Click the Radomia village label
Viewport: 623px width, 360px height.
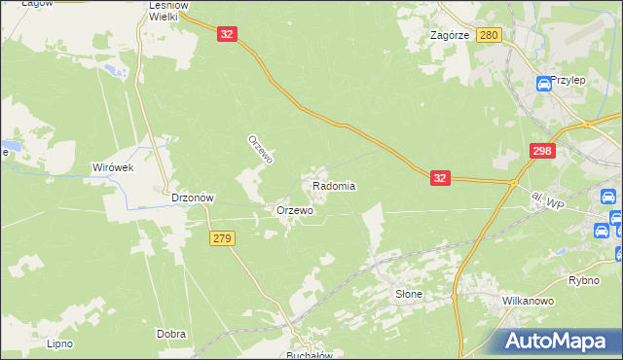334,186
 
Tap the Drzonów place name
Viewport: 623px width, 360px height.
192,198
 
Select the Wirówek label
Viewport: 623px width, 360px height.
111,167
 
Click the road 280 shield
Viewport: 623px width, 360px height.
489,35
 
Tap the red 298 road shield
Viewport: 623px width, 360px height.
543,152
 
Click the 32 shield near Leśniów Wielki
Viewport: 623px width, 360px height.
227,34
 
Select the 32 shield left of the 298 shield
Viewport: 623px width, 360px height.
440,178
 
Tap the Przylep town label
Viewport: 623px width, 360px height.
567,81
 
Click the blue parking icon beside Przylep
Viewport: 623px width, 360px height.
544,84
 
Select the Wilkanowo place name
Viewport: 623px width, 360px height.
529,302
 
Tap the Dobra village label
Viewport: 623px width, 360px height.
171,334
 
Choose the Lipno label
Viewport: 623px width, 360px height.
60,343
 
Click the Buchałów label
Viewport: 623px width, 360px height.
310,355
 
